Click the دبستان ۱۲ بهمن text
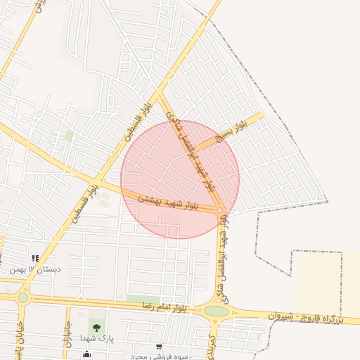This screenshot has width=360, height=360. pyautogui.click(x=35, y=269)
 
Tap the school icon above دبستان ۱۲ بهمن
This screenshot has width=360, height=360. pyautogui.click(x=35, y=258)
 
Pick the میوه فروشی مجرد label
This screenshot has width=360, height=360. pyautogui.click(x=159, y=356)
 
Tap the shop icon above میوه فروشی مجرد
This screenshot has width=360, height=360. pyautogui.click(x=159, y=347)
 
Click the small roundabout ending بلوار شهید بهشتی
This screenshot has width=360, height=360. pyautogui.click(x=220, y=210)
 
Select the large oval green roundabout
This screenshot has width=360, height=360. pyautogui.click(x=217, y=311)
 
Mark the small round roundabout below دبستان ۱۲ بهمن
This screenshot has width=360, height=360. pyautogui.click(x=23, y=297)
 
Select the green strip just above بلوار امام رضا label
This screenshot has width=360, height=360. pyautogui.click(x=143, y=300)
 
